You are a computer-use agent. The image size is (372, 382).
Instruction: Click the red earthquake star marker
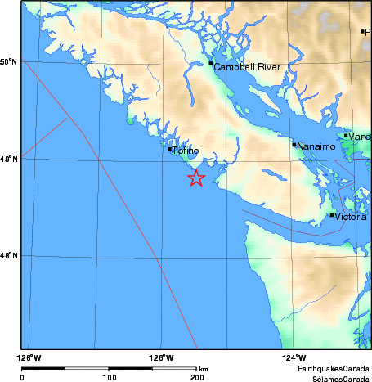[196, 178]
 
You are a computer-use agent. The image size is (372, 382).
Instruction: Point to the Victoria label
[351, 218]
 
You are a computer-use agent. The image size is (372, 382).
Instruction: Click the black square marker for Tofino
[170, 149]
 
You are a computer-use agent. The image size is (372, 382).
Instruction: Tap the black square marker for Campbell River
[211, 63]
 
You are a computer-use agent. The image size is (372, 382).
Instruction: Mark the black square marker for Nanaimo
[294, 145]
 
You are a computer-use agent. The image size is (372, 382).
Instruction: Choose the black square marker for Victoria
[332, 215]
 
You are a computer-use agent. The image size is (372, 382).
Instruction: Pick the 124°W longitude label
[295, 357]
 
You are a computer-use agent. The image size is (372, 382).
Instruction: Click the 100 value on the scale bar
[109, 377]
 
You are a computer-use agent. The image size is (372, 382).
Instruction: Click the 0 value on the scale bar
[22, 377]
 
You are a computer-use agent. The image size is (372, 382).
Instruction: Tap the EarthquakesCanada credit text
[334, 369]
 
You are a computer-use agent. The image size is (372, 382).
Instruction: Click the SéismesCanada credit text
[334, 377]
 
